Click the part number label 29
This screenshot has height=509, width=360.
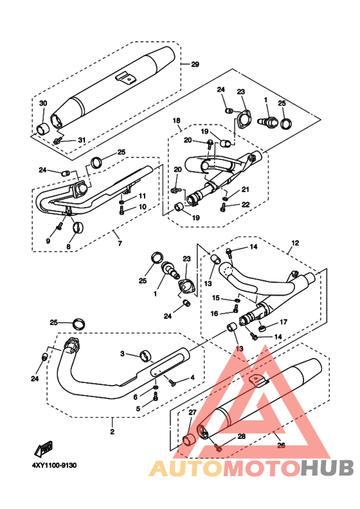pos(195,64)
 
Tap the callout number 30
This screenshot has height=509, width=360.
pos(43,103)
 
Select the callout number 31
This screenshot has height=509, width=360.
pos(82,140)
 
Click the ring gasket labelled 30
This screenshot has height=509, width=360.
pos(42,129)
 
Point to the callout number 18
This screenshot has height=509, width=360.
pos(176,121)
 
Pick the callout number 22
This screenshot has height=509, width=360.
pos(246,204)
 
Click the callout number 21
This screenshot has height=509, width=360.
pos(245,190)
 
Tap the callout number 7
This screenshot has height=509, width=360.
pos(120,244)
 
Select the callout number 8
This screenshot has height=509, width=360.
pos(68,247)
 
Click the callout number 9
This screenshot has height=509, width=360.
pos(48,241)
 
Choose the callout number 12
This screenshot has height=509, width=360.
pos(295,243)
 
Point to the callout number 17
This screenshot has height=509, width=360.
pos(283,322)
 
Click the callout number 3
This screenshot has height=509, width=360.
pos(122,353)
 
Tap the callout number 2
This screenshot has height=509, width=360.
pos(113,432)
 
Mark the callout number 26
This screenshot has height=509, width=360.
pos(281,445)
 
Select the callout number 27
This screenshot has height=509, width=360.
pos(192,412)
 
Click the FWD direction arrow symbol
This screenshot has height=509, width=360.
pos(44,449)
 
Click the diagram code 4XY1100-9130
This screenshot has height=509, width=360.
pos(54,465)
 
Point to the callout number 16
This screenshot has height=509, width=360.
pos(214,313)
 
